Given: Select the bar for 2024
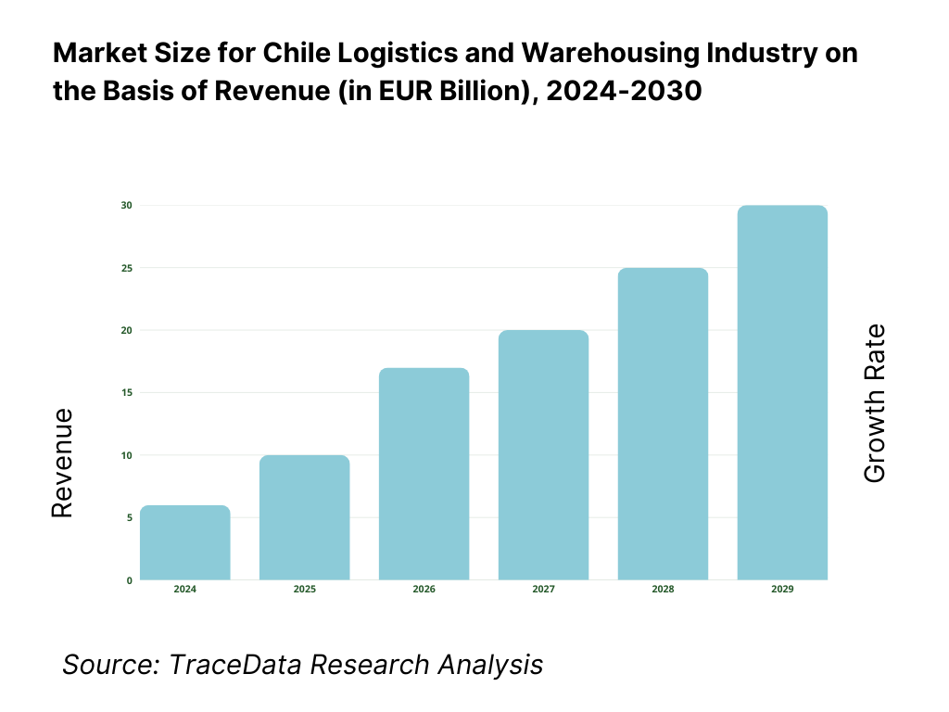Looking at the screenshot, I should point(185,542).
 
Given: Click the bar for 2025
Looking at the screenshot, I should point(305,517).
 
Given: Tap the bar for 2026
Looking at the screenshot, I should point(424,474).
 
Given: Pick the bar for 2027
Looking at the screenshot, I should point(544,455).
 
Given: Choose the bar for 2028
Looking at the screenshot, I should point(664,424).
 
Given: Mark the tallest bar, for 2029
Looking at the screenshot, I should point(782,392).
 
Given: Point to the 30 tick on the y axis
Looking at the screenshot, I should point(127,205).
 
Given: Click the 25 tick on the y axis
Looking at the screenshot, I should point(127,268).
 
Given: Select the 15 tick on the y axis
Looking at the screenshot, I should point(127,392).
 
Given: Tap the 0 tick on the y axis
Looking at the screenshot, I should point(129,580).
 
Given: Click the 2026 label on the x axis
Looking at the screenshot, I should point(424,590).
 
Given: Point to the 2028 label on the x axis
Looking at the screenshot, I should point(664,590).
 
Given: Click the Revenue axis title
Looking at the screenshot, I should point(62,463).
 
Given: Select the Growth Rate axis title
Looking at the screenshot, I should point(875,403).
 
